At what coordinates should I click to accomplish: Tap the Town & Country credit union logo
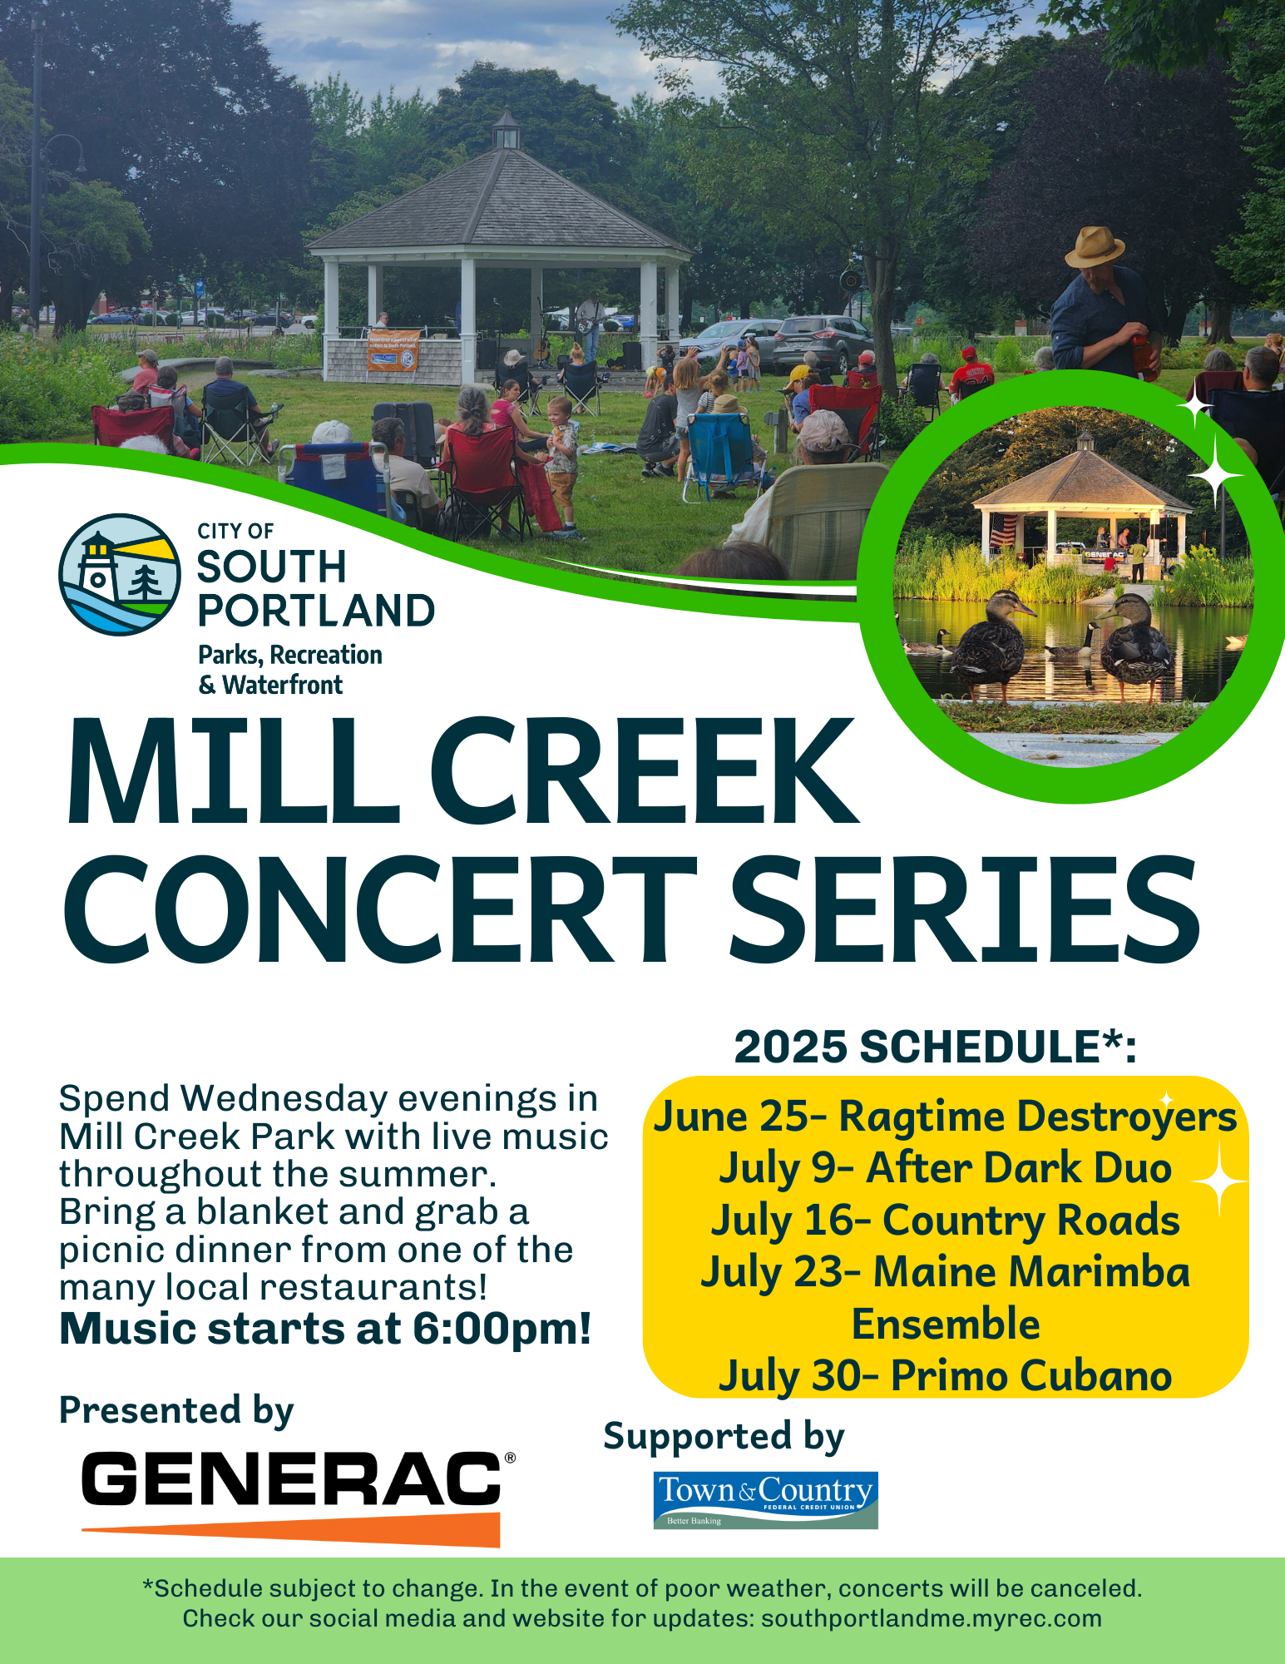766,1500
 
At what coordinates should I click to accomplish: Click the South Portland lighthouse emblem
120,574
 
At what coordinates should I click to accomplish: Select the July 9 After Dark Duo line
946,1168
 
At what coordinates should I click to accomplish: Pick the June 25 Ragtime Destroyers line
946,1117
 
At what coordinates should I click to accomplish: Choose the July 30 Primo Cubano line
946,1376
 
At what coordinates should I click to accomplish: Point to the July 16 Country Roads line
946,1221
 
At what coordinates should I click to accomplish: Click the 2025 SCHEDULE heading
935,1046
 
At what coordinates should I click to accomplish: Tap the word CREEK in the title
644,772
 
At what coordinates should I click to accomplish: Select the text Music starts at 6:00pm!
325,1329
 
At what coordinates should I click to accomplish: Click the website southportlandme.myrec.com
932,1618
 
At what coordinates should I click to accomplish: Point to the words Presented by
176,1411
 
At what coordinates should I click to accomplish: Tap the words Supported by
724,1437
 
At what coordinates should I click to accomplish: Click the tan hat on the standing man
1095,246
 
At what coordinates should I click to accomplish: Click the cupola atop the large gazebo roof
505,131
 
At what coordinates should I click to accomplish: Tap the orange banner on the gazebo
393,350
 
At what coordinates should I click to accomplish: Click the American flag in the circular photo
1003,530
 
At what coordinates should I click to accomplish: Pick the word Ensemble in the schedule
946,1324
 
